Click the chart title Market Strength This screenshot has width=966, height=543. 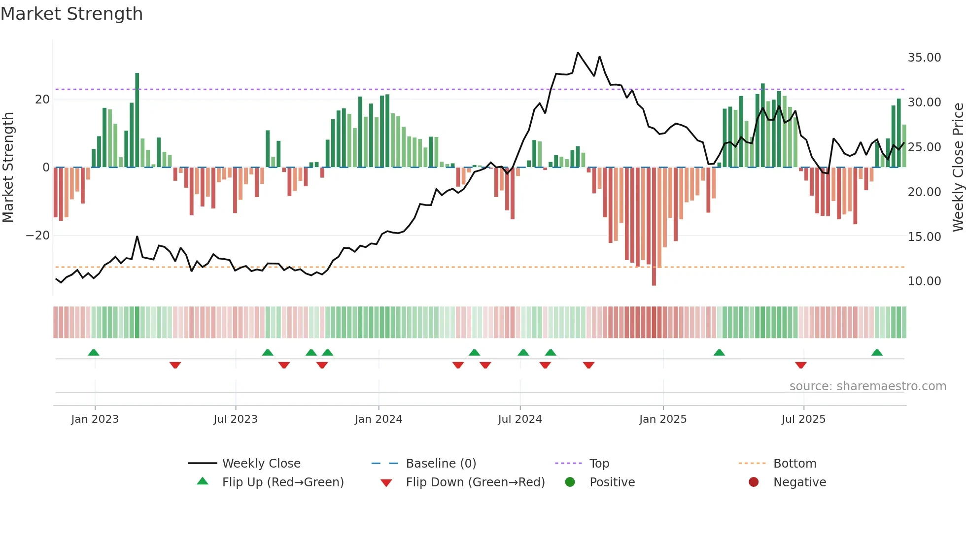pos(71,14)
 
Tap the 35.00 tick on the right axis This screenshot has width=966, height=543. pos(924,58)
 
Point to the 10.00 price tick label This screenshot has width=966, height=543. pos(924,281)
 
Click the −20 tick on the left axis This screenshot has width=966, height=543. pos(38,236)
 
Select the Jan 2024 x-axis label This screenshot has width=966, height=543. pos(378,419)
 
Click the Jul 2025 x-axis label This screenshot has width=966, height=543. pos(803,419)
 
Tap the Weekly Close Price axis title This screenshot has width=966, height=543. pos(958,168)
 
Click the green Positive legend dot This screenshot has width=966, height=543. pos(570,482)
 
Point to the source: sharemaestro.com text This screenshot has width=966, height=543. pos(867,386)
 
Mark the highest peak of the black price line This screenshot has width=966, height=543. pos(578,53)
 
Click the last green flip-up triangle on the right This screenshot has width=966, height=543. pos(877,353)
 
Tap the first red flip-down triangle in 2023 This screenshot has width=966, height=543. pos(175,365)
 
